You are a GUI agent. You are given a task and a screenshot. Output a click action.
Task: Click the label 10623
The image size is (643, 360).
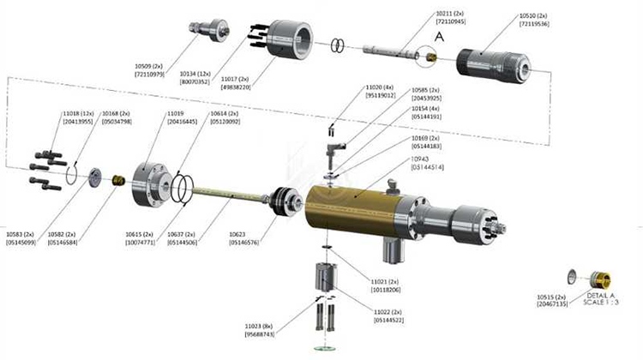tap(238, 234)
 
